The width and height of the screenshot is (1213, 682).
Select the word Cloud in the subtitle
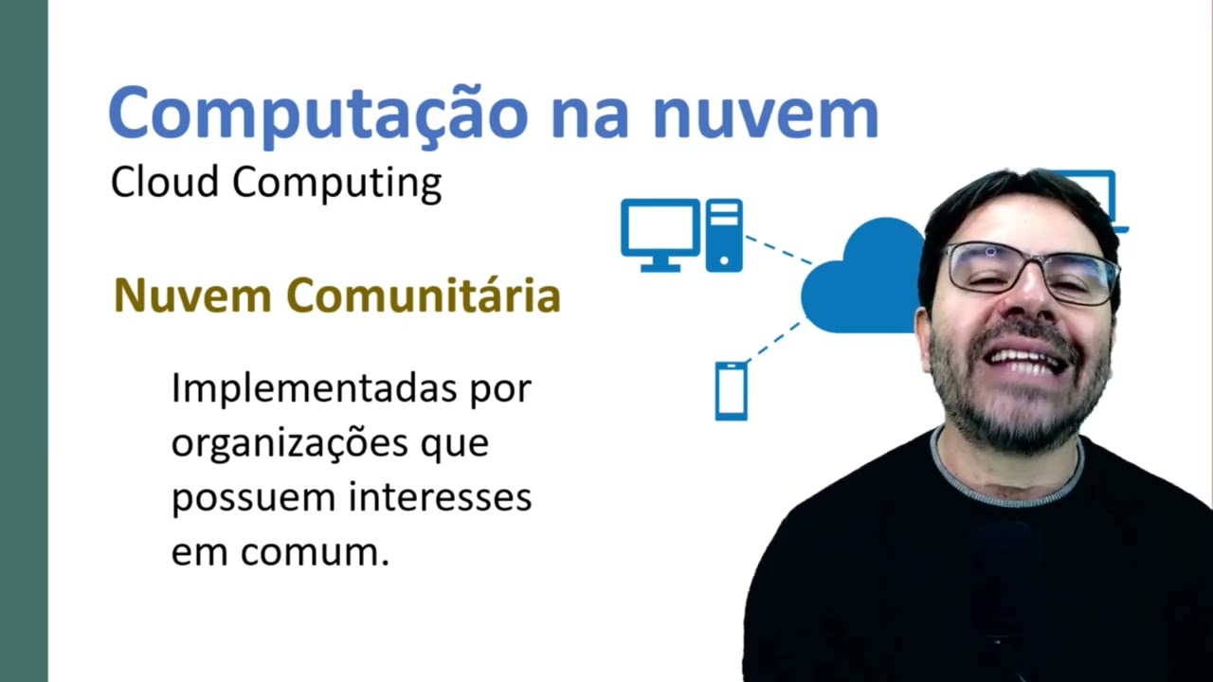click(165, 182)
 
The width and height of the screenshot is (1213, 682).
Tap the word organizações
click(289, 443)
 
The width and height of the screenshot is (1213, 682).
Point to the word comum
click(315, 552)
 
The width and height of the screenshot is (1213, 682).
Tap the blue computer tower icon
click(724, 235)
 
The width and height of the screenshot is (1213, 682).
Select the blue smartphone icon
click(731, 390)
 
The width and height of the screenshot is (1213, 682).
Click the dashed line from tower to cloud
click(778, 249)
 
